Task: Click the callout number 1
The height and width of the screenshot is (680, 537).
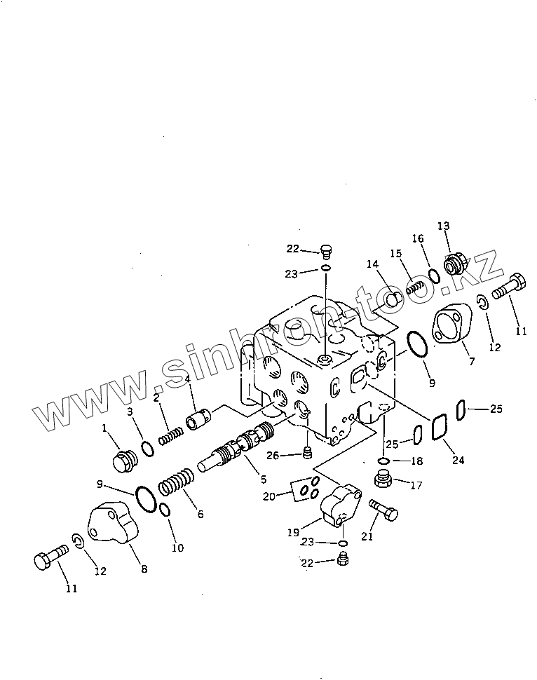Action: coord(104,428)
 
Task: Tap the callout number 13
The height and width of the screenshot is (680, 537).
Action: coord(443,226)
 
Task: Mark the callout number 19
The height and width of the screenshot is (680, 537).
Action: coord(293,533)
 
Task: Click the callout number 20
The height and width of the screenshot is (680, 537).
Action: coord(268,496)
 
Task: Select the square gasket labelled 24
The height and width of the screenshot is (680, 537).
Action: coord(439,428)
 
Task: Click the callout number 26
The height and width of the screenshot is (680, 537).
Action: coord(273,456)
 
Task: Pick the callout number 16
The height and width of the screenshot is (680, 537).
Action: coord(418,238)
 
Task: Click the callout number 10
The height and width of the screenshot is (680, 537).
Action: coord(177,548)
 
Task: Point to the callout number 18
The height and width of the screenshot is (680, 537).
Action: coord(416,461)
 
